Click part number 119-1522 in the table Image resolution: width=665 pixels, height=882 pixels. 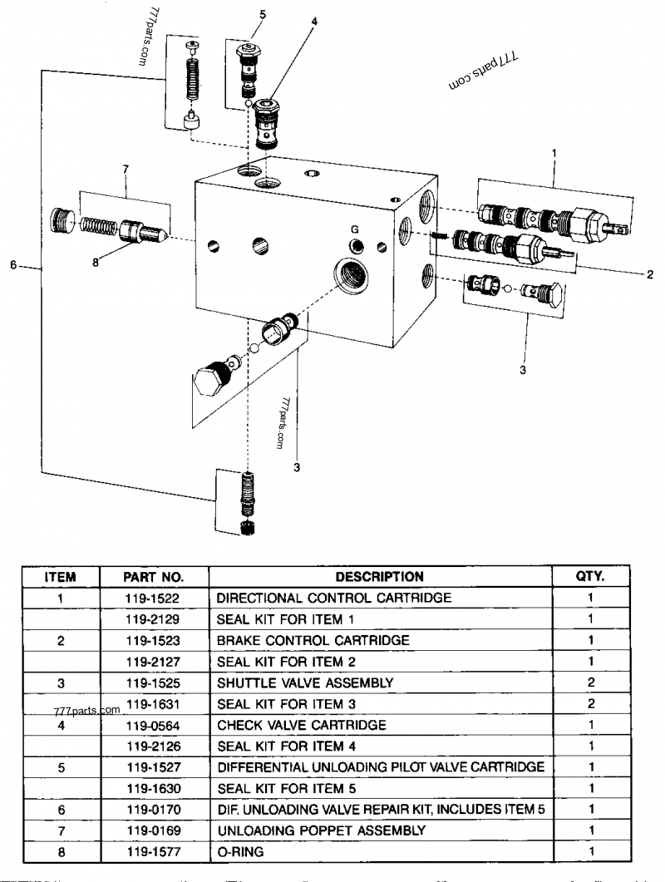154,597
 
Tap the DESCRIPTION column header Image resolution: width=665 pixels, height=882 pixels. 380,576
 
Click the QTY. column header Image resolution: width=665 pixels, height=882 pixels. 590,576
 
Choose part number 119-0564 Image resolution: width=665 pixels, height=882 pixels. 154,724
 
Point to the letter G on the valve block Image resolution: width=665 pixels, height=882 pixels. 354,229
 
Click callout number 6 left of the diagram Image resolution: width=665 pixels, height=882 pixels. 13,265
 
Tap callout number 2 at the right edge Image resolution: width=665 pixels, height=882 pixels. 649,274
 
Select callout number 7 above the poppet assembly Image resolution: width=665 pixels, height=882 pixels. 126,170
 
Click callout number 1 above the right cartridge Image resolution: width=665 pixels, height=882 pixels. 554,154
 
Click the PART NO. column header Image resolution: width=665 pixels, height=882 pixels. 154,576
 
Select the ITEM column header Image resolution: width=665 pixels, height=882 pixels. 60,576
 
